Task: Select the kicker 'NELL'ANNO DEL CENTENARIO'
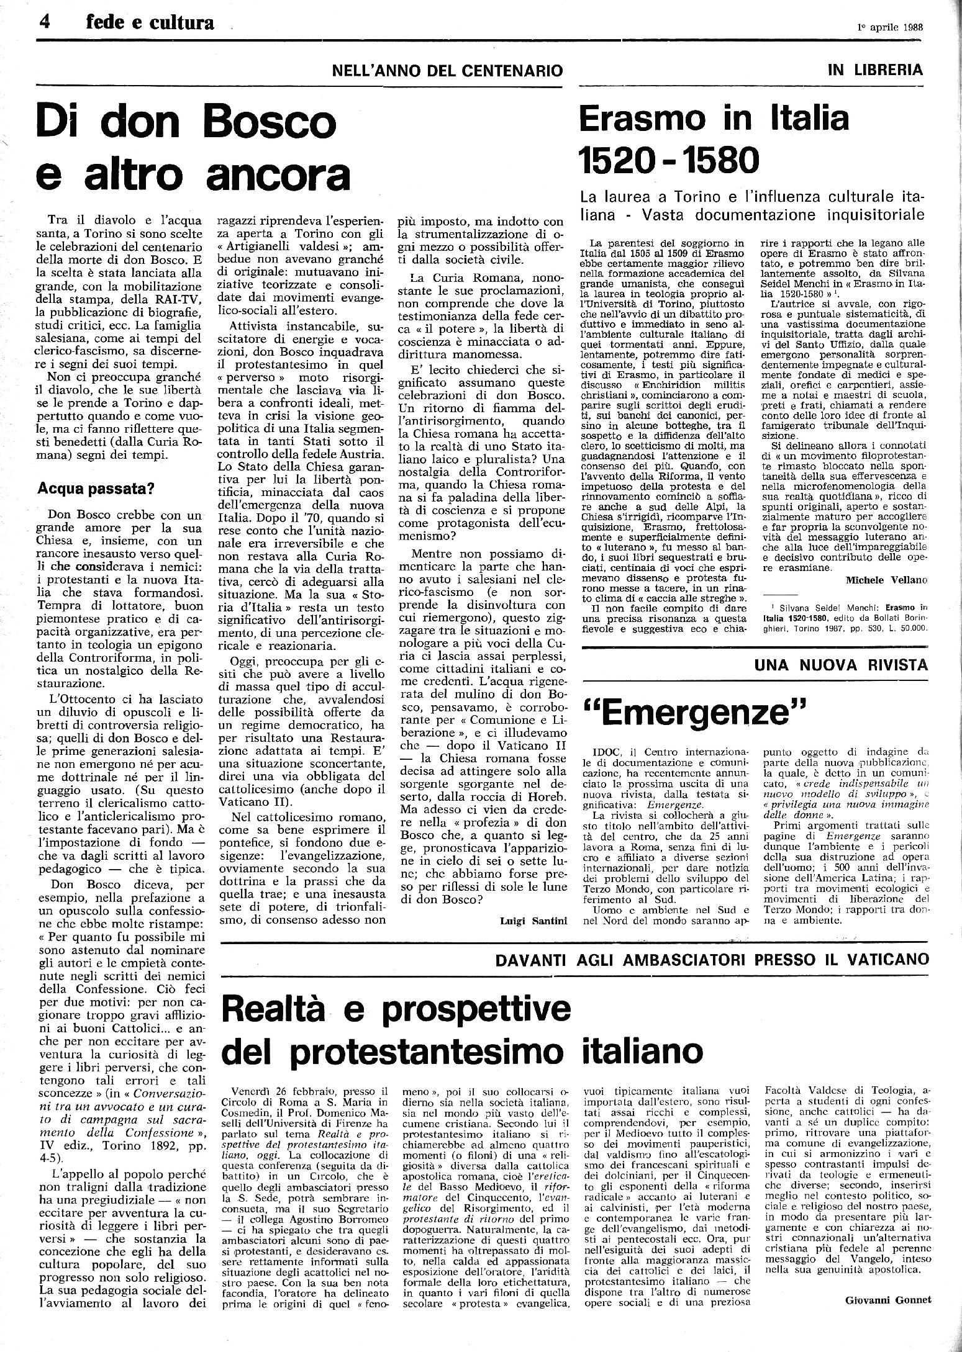(x=448, y=70)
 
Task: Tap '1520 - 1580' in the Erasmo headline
(x=669, y=161)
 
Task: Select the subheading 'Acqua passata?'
(x=96, y=489)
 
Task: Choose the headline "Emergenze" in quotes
(x=691, y=712)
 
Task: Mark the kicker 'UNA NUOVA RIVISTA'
(x=841, y=665)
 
